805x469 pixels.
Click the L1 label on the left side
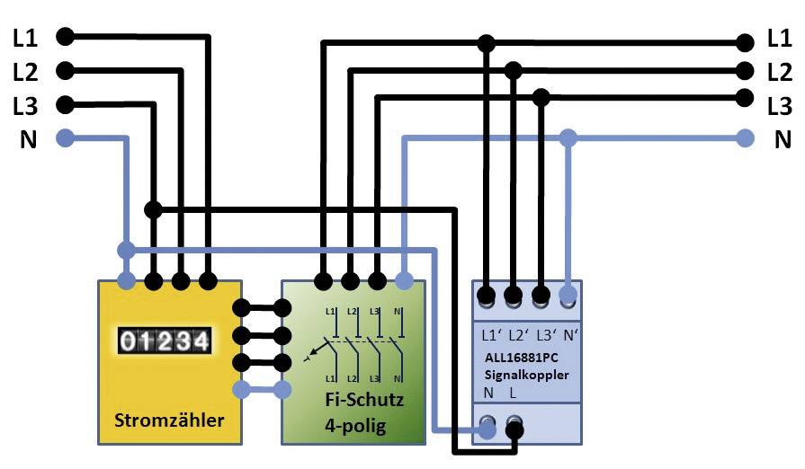click(25, 38)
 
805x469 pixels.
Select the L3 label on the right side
click(780, 106)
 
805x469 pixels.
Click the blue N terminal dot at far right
click(745, 138)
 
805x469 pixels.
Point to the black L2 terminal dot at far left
click(64, 70)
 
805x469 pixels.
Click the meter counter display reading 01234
click(165, 341)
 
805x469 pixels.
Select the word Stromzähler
click(170, 420)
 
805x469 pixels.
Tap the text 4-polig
click(354, 425)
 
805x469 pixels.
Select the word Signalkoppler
click(529, 375)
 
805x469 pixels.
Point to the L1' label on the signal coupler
click(492, 335)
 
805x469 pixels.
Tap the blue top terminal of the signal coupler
click(568, 294)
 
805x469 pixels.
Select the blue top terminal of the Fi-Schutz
click(405, 281)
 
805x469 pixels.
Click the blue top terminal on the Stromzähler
click(126, 281)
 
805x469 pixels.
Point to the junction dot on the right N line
click(568, 138)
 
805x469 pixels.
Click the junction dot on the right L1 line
click(487, 42)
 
